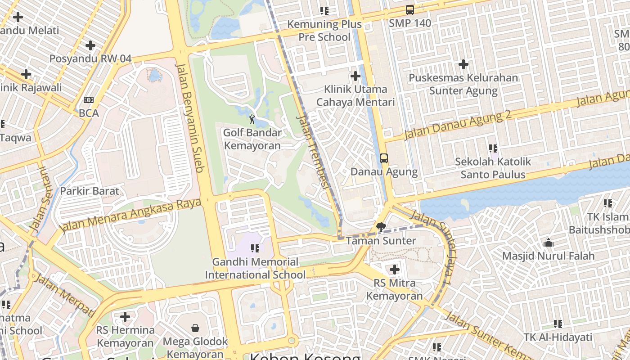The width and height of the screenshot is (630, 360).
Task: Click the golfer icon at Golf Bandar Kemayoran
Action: (252, 120)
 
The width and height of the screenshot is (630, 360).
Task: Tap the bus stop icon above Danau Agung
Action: (383, 158)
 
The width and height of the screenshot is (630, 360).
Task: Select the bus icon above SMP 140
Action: (409, 10)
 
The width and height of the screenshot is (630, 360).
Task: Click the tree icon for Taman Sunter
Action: (381, 227)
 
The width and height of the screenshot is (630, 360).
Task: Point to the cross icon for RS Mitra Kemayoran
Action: (394, 270)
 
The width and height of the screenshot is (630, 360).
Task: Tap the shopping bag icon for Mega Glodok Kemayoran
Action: (195, 328)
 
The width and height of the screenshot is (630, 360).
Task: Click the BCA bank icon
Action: (89, 100)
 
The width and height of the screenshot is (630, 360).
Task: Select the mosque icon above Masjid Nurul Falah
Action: (549, 243)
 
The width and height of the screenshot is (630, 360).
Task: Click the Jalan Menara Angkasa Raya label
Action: (130, 216)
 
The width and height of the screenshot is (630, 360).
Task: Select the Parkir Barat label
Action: (90, 191)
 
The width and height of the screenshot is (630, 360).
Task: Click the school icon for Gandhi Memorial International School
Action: (255, 248)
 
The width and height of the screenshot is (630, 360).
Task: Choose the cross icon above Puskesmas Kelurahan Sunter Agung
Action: (463, 64)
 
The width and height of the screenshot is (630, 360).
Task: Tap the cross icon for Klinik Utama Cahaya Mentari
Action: (355, 76)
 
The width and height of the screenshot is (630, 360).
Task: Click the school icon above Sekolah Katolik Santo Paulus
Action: (493, 148)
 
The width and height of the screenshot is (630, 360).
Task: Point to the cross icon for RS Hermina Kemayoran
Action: (125, 317)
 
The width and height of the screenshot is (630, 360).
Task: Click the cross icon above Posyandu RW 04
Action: (90, 45)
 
